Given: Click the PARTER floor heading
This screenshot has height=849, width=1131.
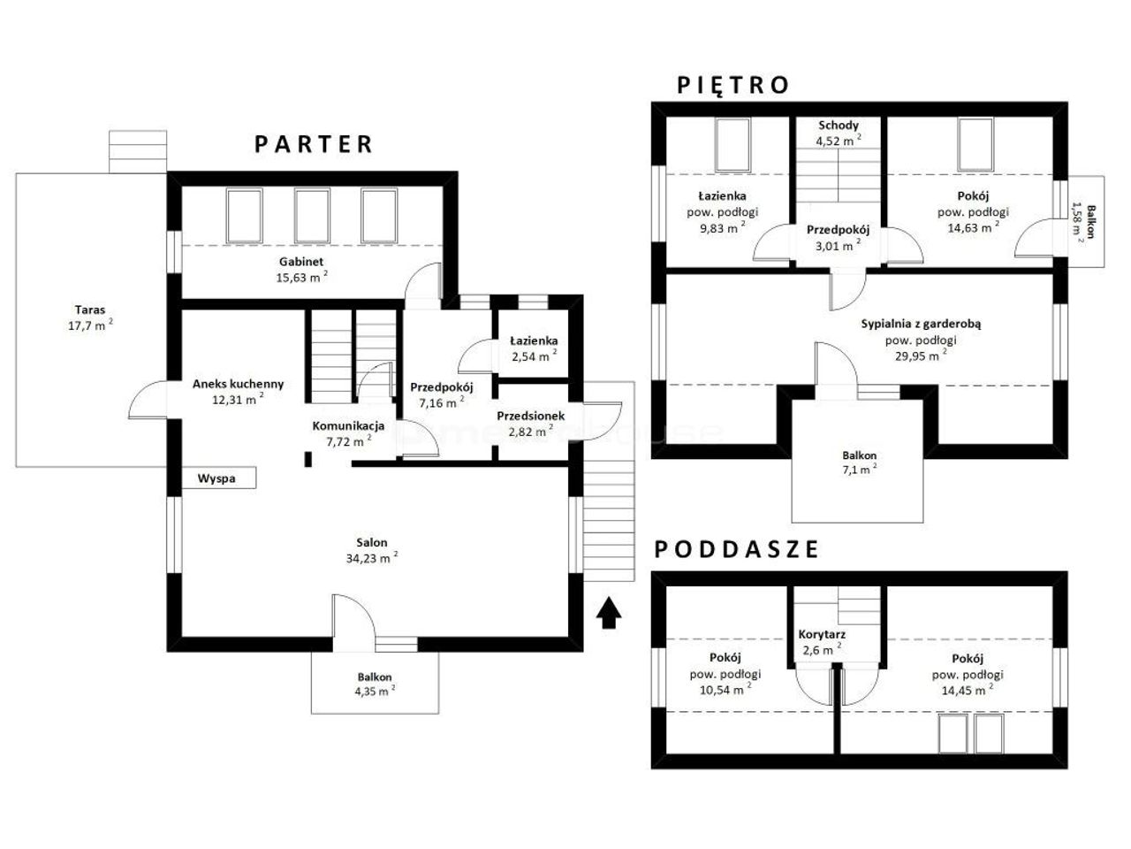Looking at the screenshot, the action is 314,144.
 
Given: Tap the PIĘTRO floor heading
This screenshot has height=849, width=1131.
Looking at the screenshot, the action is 732,85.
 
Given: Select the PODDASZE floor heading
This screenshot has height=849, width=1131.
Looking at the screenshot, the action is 736,549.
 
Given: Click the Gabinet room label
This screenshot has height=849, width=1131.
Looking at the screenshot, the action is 301,262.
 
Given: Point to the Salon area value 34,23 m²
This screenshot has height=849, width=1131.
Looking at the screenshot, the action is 372,558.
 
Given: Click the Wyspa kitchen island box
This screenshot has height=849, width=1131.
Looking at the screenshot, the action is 219,478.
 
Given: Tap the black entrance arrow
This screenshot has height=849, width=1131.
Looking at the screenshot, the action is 609,612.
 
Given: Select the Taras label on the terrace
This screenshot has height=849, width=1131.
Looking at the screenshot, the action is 89,310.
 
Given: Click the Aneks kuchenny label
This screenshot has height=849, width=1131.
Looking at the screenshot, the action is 238,384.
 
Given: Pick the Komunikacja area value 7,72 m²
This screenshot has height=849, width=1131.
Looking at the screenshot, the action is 349,441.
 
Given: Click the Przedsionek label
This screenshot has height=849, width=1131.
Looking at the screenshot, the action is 531,416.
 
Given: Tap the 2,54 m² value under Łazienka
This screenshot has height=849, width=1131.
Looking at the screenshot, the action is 535,356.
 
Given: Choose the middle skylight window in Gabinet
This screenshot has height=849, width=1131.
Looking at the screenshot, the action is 312,216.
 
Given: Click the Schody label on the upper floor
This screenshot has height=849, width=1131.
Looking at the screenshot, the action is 839,126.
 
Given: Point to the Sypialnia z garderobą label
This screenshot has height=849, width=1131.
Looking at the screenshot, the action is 921,324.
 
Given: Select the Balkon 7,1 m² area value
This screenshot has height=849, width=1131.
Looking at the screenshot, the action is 860,469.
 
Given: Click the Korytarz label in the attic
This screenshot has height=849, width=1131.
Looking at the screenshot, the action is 822,635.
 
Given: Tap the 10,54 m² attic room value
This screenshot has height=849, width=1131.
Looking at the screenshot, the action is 725,689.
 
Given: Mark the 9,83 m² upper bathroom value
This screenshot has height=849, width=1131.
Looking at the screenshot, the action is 723,228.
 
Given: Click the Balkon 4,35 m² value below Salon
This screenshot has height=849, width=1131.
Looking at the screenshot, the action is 375,691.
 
